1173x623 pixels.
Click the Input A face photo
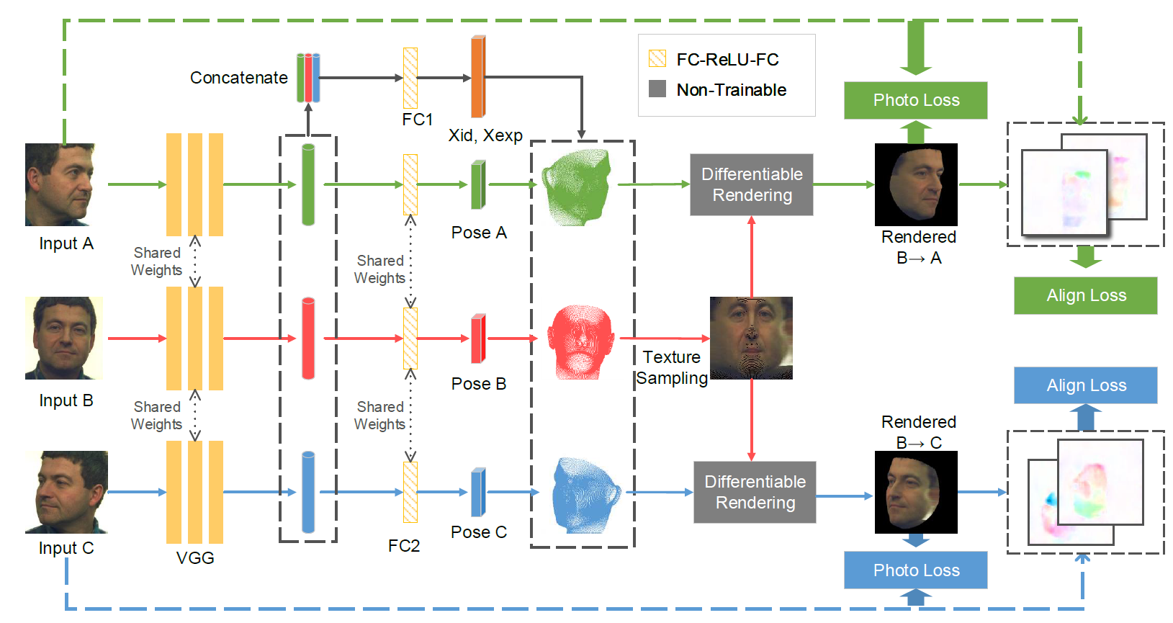[x=60, y=184]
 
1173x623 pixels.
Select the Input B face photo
[x=64, y=338]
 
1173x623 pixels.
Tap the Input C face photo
[x=66, y=492]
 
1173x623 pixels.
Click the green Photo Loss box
[x=915, y=100]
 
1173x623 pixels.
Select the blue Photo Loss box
[x=915, y=570]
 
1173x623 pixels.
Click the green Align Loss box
[x=1085, y=295]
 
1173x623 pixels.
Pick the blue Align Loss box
[x=1085, y=385]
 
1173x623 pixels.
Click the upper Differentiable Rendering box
[x=751, y=184]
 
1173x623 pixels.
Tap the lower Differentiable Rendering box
[x=754, y=492]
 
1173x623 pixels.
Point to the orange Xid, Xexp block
[x=478, y=77]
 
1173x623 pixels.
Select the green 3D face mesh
[x=577, y=187]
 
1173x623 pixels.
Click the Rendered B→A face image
[x=915, y=184]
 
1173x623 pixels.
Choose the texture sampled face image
[x=751, y=338]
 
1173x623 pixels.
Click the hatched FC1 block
[x=410, y=78]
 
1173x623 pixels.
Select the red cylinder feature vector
[x=308, y=338]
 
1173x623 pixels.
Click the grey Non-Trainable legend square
[x=657, y=89]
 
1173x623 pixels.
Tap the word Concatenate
[x=238, y=78]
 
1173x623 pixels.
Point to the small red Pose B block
[x=478, y=339]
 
